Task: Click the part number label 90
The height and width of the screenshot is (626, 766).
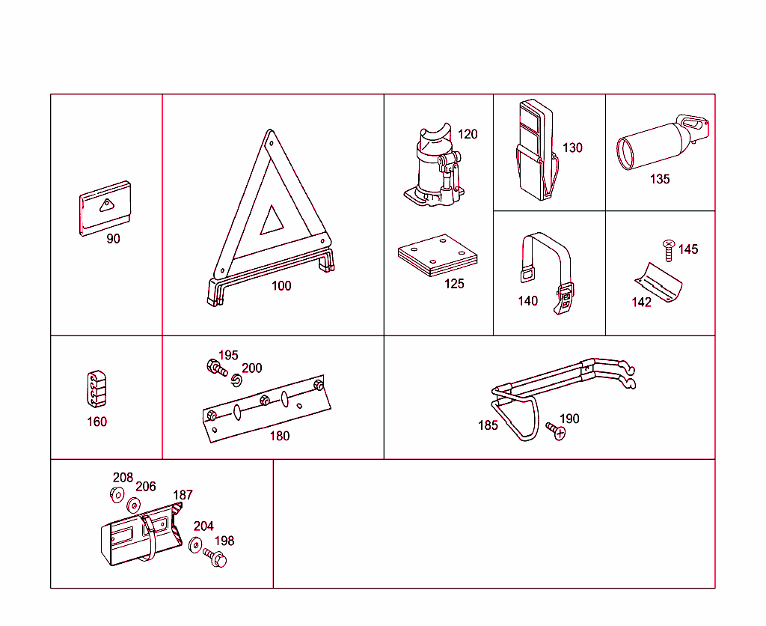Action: tap(113, 239)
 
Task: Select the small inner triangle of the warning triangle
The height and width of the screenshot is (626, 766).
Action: tap(271, 221)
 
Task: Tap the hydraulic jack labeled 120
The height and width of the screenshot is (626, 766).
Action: tap(433, 169)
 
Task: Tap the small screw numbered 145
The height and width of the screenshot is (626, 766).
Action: tap(669, 250)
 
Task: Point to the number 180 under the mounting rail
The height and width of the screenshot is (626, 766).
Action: tap(279, 436)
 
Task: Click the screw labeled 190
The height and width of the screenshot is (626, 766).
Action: tap(554, 431)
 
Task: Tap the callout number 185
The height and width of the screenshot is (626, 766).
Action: tap(488, 425)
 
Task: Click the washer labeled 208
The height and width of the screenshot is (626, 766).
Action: tap(117, 494)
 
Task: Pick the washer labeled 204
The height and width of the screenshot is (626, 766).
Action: tap(195, 545)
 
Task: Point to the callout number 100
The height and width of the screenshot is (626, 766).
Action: tap(281, 285)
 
